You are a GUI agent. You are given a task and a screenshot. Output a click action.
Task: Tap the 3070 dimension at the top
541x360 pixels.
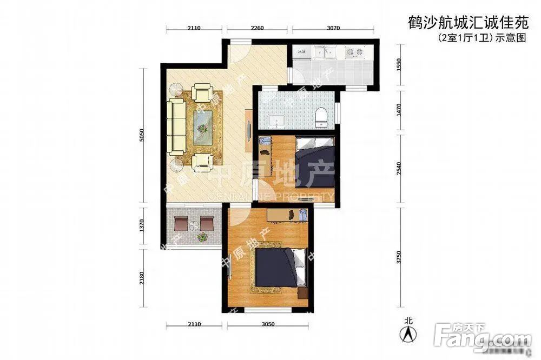click(333, 29)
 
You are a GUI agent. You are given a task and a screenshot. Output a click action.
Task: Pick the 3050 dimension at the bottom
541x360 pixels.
click(268, 324)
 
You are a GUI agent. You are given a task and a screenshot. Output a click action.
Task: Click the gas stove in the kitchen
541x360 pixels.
click(354, 52)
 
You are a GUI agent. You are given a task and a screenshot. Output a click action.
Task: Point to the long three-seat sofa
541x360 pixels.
click(176, 125)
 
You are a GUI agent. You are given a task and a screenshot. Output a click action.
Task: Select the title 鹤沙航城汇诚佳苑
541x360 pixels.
click(466, 23)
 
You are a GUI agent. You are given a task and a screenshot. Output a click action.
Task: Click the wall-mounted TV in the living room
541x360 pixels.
click(248, 130)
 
